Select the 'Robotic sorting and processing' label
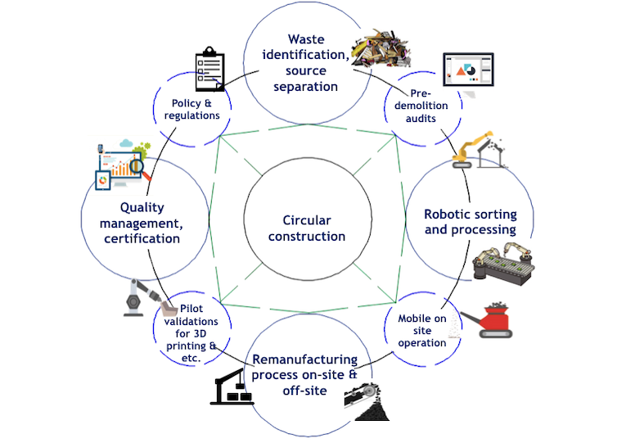pyautogui.click(x=470, y=222)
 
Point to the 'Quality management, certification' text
pyautogui.click(x=144, y=223)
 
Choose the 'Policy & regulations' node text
pyautogui.click(x=190, y=109)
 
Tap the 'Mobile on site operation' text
pyautogui.click(x=421, y=330)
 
